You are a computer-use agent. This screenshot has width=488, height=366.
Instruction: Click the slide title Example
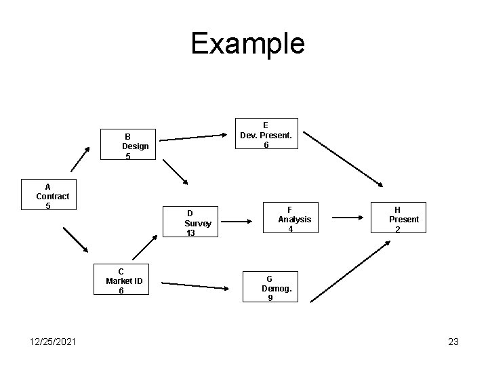(247, 43)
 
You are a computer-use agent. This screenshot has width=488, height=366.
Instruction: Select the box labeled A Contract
(52, 196)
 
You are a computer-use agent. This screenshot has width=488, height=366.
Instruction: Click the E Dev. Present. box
(266, 135)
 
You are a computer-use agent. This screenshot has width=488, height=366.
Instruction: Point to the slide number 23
(453, 342)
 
